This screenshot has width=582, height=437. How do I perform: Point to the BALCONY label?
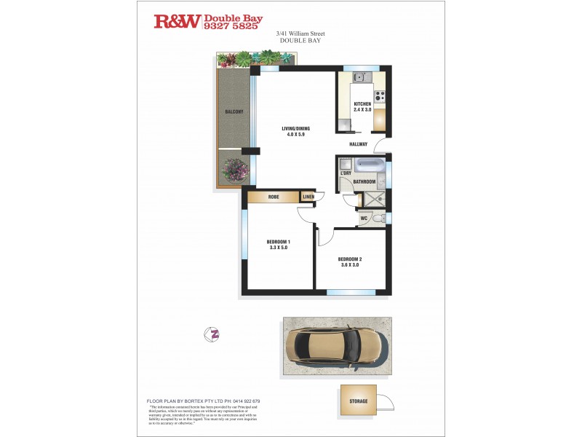[x=234, y=111]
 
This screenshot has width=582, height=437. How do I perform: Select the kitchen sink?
[x=359, y=77]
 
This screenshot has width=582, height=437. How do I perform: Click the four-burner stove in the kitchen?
[x=379, y=95]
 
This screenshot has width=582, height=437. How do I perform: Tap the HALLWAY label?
[x=358, y=144]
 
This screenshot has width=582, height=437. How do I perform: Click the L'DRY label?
[x=346, y=173]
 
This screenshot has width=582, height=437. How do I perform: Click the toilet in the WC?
[x=377, y=218]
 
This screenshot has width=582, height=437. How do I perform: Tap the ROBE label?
[x=274, y=197]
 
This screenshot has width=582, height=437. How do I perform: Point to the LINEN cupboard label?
[x=308, y=197]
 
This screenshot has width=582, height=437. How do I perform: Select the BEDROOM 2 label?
[x=349, y=259]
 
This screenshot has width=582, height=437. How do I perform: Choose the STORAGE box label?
[x=358, y=401]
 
